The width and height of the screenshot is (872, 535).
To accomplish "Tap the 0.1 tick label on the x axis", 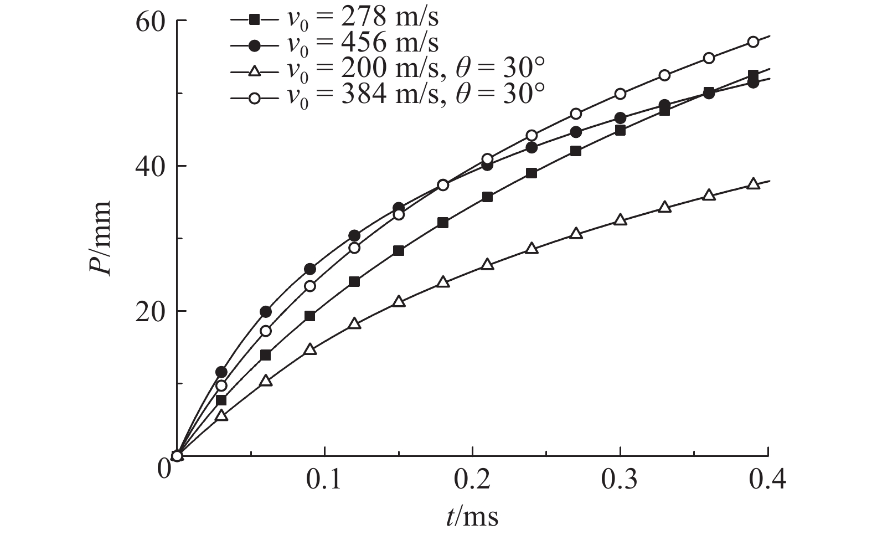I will [x=324, y=480].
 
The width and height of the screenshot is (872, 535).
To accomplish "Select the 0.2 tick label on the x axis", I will [x=472, y=480].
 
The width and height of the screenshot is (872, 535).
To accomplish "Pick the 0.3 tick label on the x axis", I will [x=620, y=480].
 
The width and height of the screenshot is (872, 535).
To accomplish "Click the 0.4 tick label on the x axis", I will [x=767, y=480].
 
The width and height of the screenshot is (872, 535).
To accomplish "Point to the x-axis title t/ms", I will [x=472, y=517].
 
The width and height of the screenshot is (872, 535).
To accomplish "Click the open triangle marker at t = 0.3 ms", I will [x=620, y=220].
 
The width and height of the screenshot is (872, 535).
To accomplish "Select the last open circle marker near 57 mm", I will [x=753, y=42].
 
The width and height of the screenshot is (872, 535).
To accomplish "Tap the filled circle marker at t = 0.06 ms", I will [x=266, y=312].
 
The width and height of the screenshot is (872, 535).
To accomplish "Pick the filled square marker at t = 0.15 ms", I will [x=399, y=250].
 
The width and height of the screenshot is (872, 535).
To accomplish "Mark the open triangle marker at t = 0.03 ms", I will [x=221, y=415].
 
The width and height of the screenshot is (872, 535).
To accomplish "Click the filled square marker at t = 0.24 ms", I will [x=532, y=173].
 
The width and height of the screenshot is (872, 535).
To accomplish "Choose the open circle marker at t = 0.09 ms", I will [x=310, y=286].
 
